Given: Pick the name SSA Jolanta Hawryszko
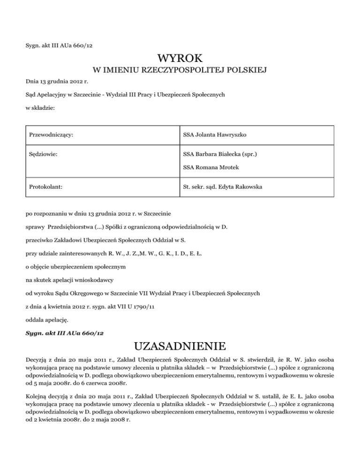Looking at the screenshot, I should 213,135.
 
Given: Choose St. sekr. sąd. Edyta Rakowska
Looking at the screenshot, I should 223,187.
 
